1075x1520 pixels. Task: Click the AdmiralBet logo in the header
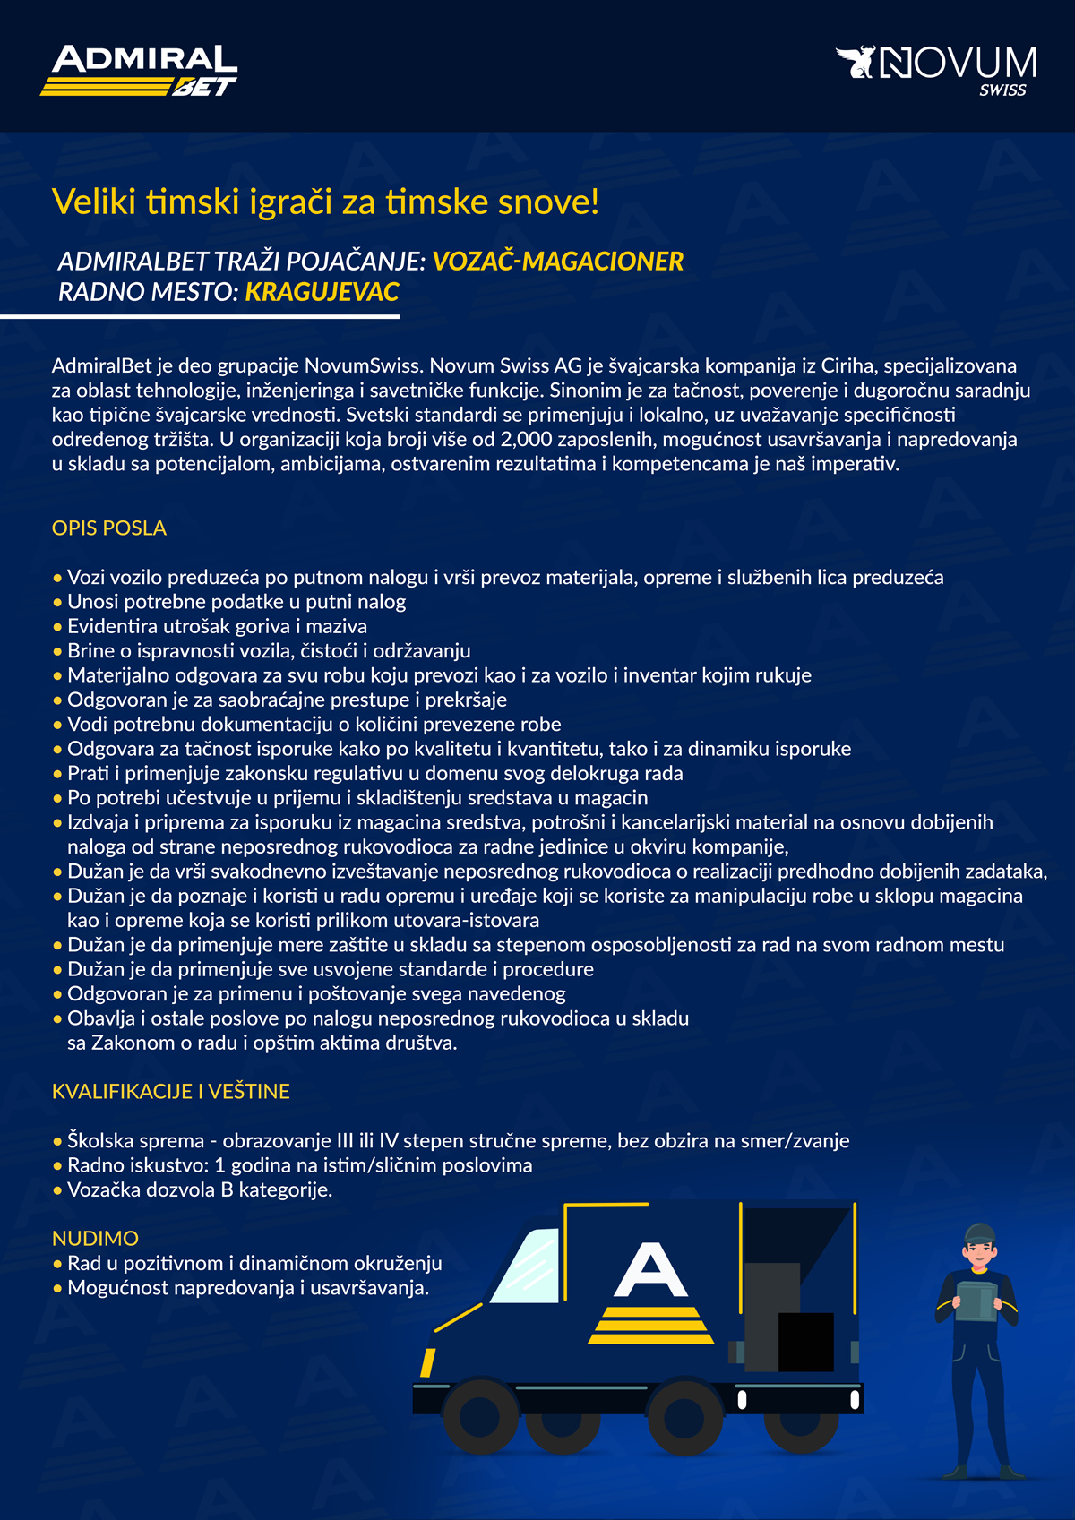pos(139,71)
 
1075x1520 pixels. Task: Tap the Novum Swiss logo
pos(937,69)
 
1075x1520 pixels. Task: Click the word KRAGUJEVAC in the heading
pos(322,292)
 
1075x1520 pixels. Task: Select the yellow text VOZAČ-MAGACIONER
pos(557,262)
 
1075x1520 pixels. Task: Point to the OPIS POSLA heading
pos(109,528)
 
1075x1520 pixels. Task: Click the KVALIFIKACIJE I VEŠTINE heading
pos(171,1092)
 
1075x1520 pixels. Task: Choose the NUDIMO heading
pos(95,1239)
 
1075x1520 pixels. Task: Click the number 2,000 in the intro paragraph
pos(527,440)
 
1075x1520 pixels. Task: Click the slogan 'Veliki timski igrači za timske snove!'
pos(325,202)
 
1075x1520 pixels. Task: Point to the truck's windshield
pos(526,1265)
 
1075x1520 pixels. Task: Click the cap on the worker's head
pos(980,1233)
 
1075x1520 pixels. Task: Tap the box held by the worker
pos(976,1301)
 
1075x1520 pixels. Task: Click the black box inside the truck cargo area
pos(805,1341)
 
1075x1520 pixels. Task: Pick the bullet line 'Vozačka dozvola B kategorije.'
pos(200,1190)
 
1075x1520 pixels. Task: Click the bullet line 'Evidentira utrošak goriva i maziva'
pos(217,627)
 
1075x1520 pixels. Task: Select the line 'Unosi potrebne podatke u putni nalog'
pos(236,602)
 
